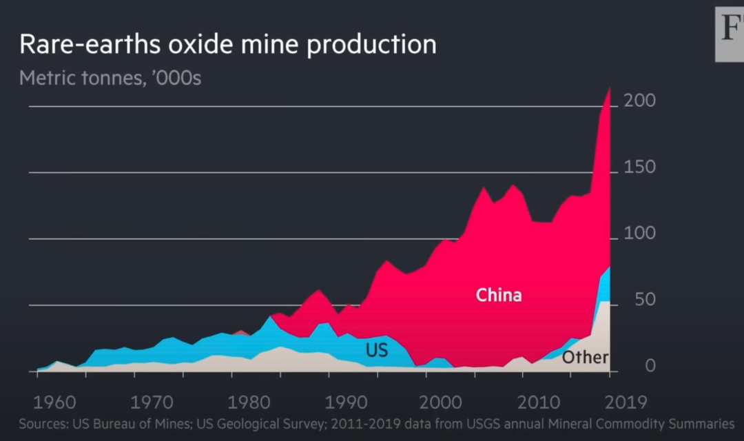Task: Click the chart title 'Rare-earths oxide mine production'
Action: (227, 45)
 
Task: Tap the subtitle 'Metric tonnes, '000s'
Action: (110, 77)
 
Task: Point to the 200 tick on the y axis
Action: (639, 101)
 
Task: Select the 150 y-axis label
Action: (639, 168)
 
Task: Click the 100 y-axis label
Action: (639, 235)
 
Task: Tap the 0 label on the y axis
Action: (649, 367)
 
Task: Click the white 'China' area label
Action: (499, 296)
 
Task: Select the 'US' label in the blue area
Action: (377, 350)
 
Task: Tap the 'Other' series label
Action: (585, 357)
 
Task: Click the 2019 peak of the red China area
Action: (609, 88)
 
